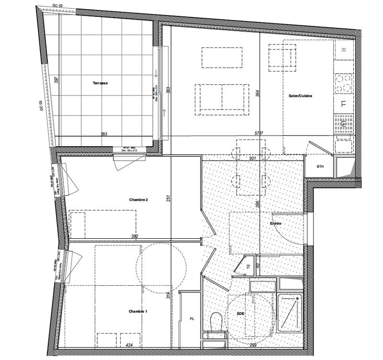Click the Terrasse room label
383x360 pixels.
[100, 83]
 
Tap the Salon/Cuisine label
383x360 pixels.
[301, 96]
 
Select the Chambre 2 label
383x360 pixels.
[138, 199]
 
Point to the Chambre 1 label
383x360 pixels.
[138, 312]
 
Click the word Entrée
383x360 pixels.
[275, 223]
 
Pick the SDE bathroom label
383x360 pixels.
[240, 313]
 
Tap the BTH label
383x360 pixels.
[321, 166]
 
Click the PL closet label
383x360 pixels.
[192, 318]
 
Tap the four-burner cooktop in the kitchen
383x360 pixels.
[343, 83]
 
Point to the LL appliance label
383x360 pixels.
[343, 103]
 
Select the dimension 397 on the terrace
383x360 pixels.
[56, 80]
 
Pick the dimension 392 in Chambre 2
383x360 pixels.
[135, 236]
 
